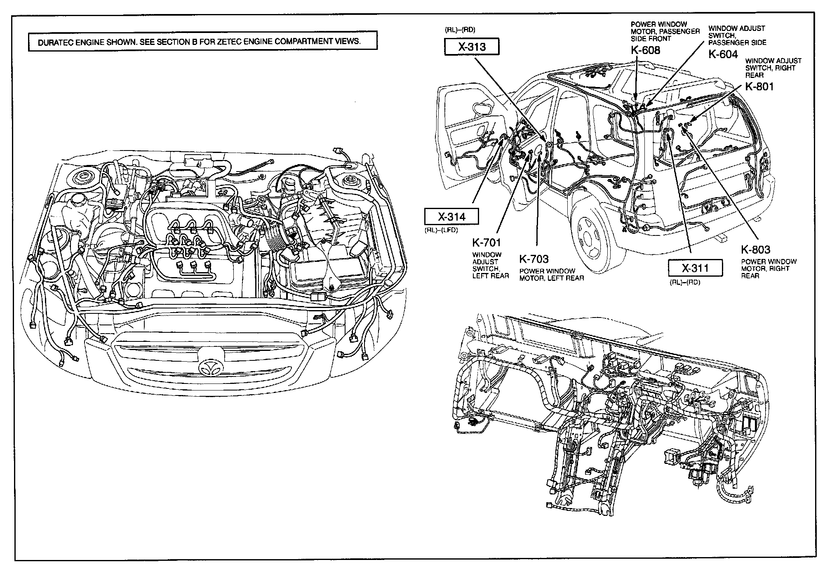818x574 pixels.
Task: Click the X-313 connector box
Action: [472, 47]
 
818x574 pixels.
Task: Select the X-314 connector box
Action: [451, 216]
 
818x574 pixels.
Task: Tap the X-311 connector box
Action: [695, 268]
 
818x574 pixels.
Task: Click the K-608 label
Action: [645, 50]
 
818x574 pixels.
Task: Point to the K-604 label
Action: [723, 54]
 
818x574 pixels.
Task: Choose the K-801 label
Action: [759, 87]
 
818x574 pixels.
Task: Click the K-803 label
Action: [755, 249]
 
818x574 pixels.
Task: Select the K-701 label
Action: [487, 243]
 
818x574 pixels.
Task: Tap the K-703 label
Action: [534, 259]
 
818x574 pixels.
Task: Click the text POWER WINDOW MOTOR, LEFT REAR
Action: [551, 275]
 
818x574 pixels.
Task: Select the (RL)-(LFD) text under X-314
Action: [441, 230]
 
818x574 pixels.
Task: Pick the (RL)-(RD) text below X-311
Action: [685, 282]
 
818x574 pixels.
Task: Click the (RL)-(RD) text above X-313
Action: [460, 30]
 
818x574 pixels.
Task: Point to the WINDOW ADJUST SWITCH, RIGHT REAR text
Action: [773, 68]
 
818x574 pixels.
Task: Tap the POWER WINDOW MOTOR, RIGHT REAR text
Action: [769, 268]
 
